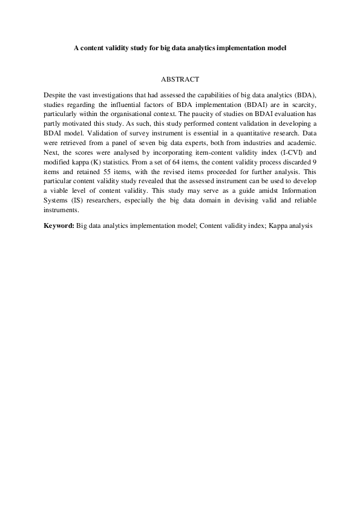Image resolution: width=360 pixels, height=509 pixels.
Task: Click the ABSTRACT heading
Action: point(180,79)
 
